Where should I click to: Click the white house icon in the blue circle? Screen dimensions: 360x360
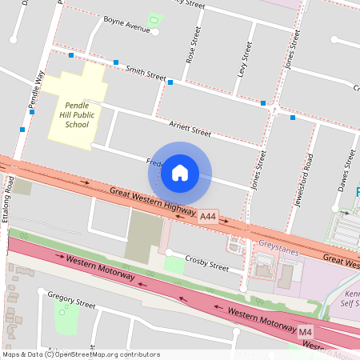click(x=180, y=172)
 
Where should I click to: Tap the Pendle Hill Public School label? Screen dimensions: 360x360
click(x=77, y=114)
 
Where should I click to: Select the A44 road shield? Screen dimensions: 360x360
click(x=208, y=216)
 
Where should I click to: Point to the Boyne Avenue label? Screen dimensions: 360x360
click(x=126, y=30)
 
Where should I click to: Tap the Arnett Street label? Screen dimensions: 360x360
click(x=190, y=127)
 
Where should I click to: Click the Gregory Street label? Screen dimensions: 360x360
click(x=71, y=305)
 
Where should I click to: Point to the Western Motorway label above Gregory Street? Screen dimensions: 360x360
click(x=100, y=269)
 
